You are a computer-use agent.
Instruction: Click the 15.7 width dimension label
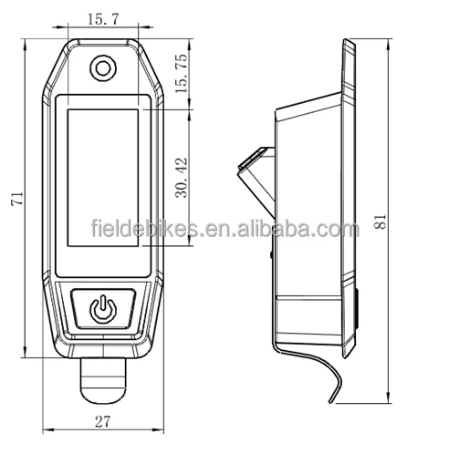click(102, 19)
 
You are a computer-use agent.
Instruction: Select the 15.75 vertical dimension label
click(182, 74)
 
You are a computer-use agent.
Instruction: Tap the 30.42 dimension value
click(182, 178)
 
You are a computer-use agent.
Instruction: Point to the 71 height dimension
click(16, 199)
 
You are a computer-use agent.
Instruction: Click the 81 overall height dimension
click(380, 222)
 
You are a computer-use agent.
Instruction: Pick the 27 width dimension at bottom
click(102, 421)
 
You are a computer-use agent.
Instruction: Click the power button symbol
click(103, 309)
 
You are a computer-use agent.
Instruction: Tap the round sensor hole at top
click(103, 68)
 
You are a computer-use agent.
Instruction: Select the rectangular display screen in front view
click(103, 178)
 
